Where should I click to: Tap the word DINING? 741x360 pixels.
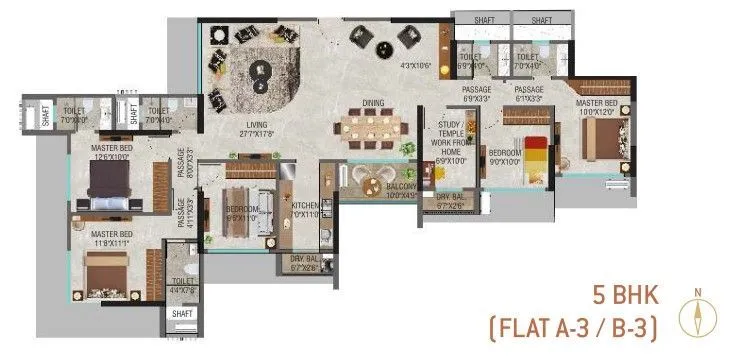[x=374, y=102]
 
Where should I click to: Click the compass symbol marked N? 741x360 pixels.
[x=697, y=316]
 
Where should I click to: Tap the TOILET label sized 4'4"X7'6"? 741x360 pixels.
[x=183, y=286]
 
